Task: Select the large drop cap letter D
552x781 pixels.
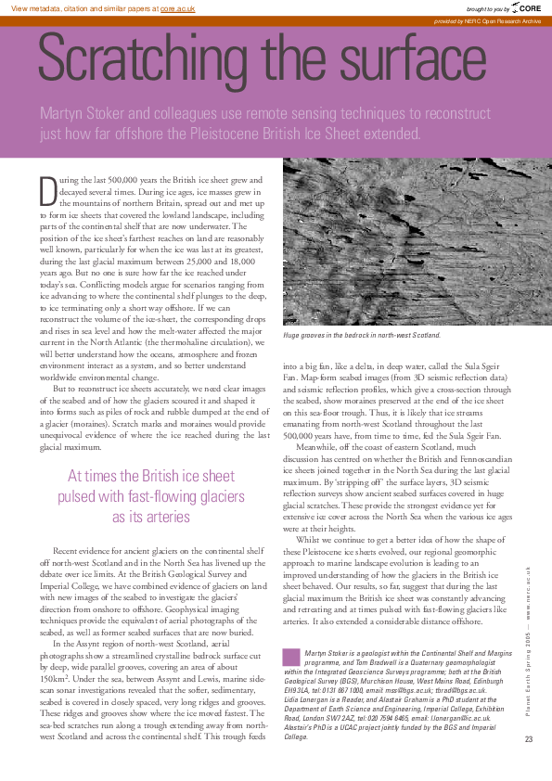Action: (48, 190)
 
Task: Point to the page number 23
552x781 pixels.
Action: (529, 738)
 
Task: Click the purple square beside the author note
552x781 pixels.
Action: (291, 658)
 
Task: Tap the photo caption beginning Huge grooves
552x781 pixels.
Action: (348, 334)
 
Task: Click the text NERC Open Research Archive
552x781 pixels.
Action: (505, 20)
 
